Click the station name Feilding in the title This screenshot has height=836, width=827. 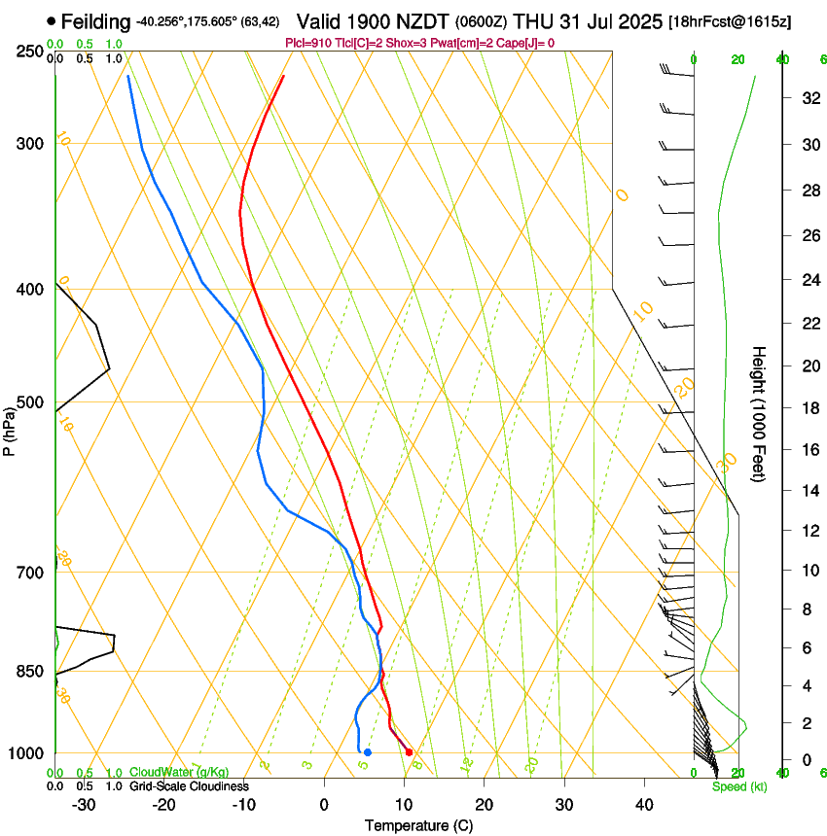pyautogui.click(x=95, y=21)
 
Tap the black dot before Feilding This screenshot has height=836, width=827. pyautogui.click(x=51, y=21)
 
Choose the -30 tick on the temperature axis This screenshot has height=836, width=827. pyautogui.click(x=84, y=805)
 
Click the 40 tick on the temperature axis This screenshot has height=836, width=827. pyautogui.click(x=643, y=805)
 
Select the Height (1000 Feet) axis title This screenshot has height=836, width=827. pyautogui.click(x=759, y=413)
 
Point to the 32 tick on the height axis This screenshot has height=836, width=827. pyautogui.click(x=807, y=97)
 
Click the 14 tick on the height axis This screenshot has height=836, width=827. pyautogui.click(x=807, y=491)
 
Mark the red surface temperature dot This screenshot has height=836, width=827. pyautogui.click(x=409, y=752)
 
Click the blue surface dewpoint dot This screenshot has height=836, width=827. pyautogui.click(x=367, y=752)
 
